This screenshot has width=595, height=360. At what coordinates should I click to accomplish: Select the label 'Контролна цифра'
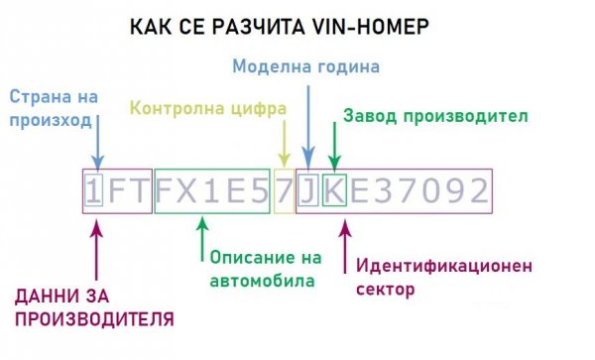coord(202,106)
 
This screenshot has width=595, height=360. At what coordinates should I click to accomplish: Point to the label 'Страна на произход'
coord(51,108)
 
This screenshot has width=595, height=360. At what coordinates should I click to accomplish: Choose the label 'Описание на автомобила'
coord(266,268)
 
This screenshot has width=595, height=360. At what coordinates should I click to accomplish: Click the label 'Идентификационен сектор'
coord(443,278)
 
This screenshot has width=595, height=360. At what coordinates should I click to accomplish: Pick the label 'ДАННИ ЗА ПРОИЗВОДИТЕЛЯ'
coord(94,306)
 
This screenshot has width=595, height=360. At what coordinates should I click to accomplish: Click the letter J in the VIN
coord(308,190)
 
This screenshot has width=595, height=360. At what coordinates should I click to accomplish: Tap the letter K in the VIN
coord(334,190)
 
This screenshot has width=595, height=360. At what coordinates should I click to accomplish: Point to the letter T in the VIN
coord(142,190)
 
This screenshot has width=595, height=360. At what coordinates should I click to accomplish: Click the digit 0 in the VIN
coord(428,190)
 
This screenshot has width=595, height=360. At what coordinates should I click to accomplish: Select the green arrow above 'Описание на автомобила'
coord(202,235)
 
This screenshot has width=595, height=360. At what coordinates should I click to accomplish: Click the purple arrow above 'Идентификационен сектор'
coord(346,245)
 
